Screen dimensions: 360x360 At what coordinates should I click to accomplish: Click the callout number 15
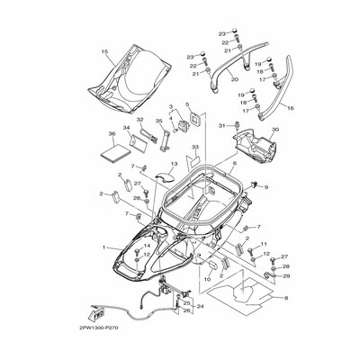point(105,51)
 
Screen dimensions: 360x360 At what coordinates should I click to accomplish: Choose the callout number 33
point(194,147)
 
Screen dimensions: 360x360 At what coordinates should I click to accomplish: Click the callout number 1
point(104,247)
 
